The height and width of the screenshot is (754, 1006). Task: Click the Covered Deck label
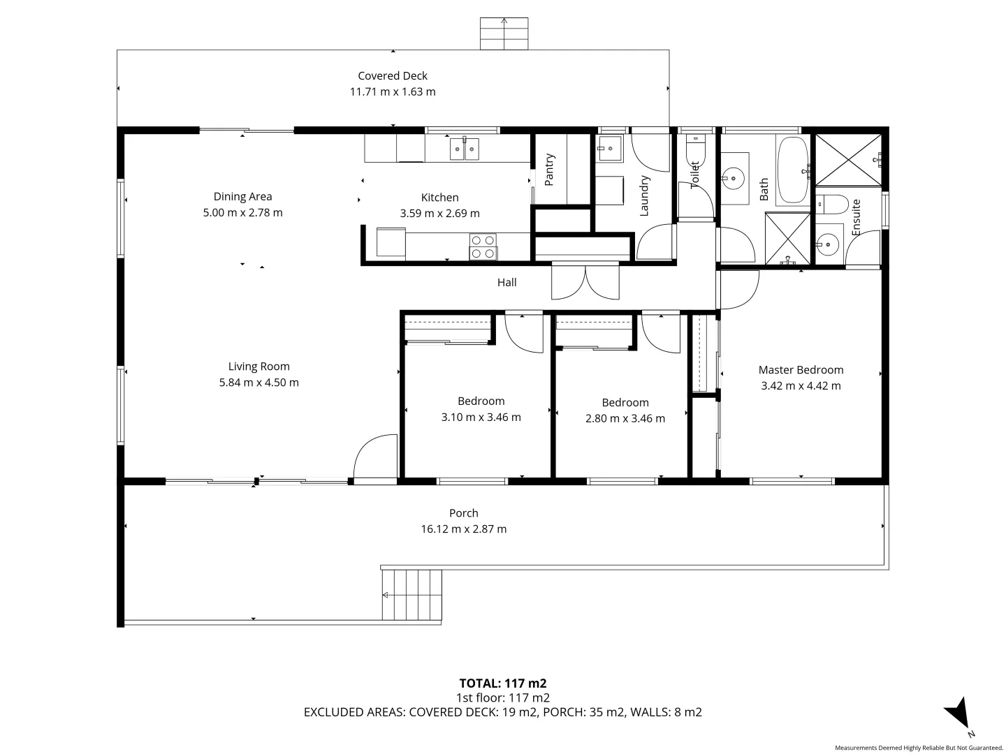coord(393,76)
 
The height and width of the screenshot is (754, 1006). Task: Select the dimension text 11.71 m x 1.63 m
coord(393,92)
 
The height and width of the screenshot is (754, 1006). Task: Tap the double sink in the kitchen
coord(465,148)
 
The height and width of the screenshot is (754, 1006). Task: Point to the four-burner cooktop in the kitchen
coord(483,246)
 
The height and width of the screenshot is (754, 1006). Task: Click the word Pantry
coord(549,170)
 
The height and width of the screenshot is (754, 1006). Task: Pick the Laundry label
coord(644,195)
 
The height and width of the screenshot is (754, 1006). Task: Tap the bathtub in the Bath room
coord(793,170)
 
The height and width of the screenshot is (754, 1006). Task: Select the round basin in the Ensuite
coord(828,244)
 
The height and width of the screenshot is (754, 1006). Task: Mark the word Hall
coord(507,283)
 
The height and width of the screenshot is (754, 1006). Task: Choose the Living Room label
coord(258,367)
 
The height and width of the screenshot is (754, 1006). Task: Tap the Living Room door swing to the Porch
coord(376,458)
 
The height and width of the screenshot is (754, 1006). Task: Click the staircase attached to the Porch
coord(412,595)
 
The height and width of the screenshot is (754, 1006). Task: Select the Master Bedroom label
coord(801,370)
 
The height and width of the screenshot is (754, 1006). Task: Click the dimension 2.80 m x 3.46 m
coord(625,419)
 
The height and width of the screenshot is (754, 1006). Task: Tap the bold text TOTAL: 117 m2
coord(502,683)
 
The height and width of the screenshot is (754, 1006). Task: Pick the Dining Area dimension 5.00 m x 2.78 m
coord(242,213)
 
